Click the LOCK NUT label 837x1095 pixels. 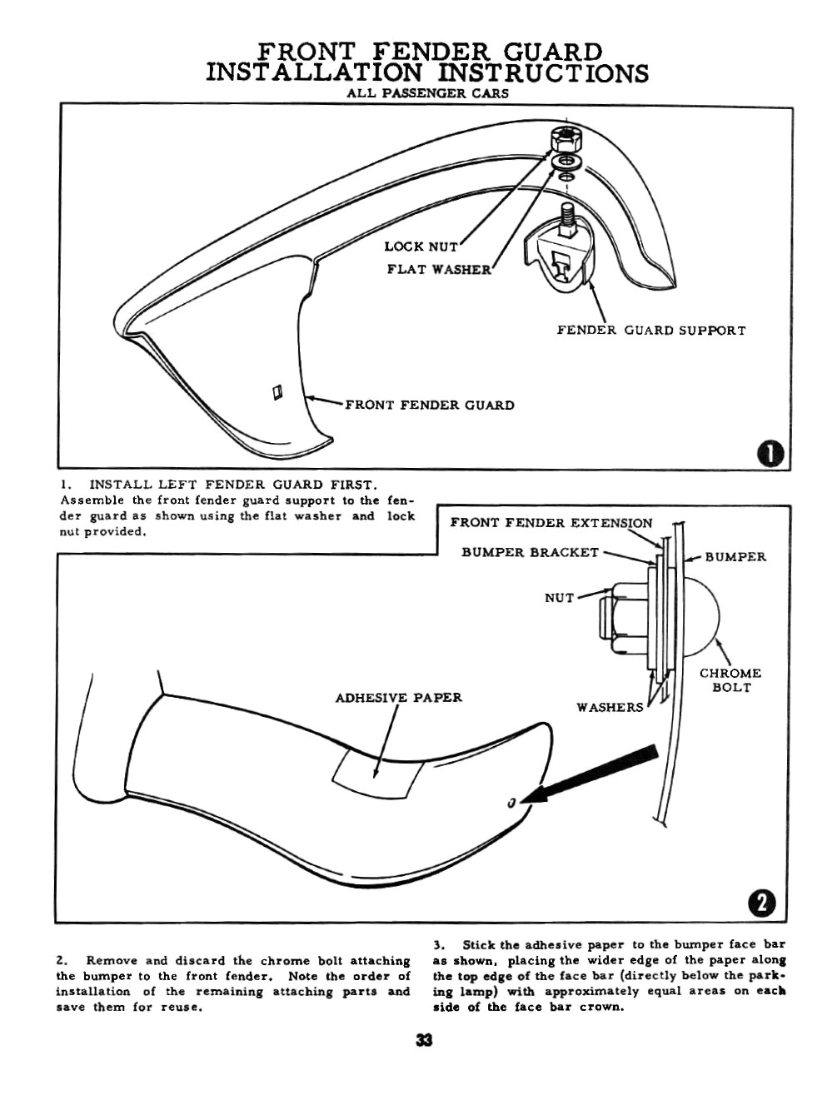click(x=421, y=246)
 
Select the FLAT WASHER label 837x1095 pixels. click(x=440, y=270)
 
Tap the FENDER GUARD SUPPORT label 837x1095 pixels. click(x=651, y=331)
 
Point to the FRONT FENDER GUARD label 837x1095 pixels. click(x=430, y=406)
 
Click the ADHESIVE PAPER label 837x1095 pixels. click(x=398, y=698)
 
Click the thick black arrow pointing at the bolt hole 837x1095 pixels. click(x=595, y=774)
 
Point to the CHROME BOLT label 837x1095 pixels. click(x=730, y=680)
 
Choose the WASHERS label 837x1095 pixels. click(x=610, y=708)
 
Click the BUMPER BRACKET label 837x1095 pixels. click(x=530, y=552)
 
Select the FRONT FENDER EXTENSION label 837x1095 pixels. click(x=551, y=523)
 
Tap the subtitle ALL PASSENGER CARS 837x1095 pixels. click(x=427, y=93)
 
